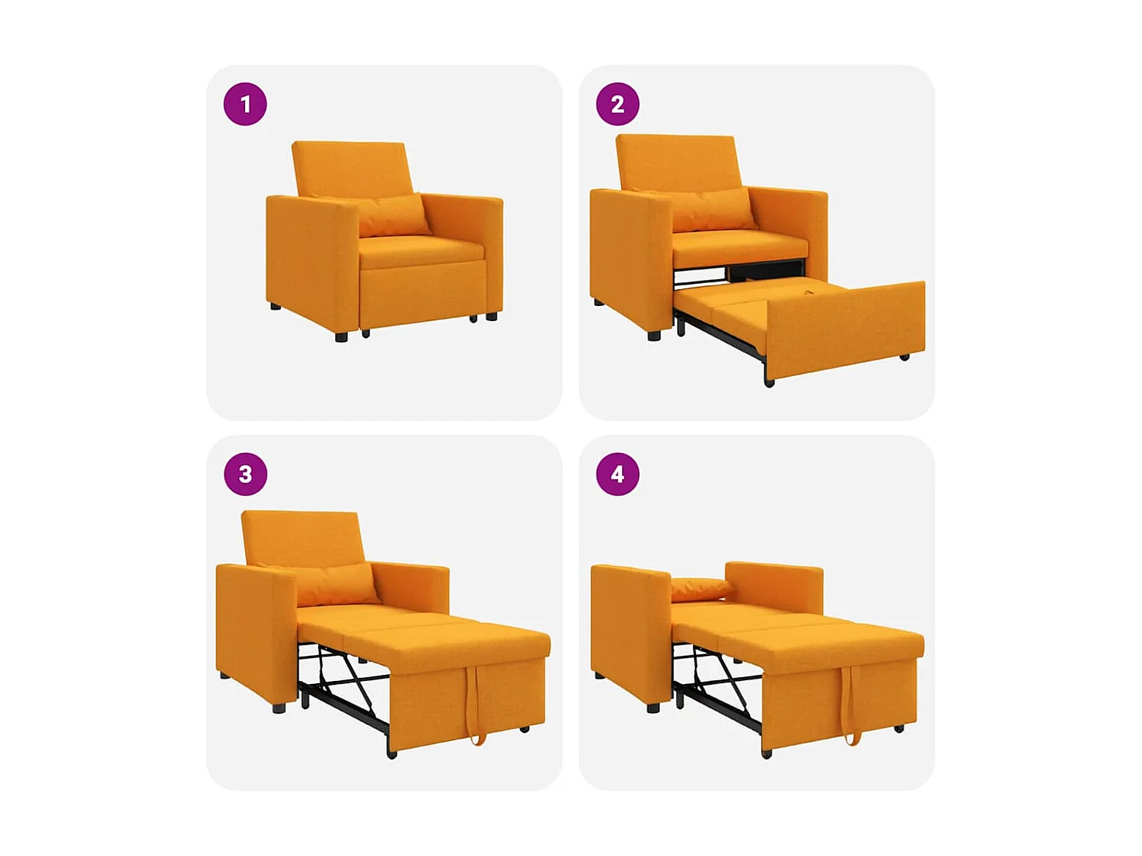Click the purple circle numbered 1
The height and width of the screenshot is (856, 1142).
pos(245,104)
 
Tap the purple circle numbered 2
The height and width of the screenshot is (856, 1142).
pos(617,104)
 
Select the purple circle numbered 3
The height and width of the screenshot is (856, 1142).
pos(245,474)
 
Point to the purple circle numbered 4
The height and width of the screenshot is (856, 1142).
pos(617,474)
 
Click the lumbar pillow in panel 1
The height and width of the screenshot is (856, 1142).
pos(392,215)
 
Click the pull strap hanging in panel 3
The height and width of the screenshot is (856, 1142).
pos(475,704)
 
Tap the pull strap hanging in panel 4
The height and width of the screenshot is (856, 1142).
pos(850,704)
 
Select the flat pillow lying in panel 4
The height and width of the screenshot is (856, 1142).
pos(700,588)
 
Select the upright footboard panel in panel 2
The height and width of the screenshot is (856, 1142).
pos(845,329)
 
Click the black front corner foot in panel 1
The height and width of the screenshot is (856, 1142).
pos(341,336)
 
